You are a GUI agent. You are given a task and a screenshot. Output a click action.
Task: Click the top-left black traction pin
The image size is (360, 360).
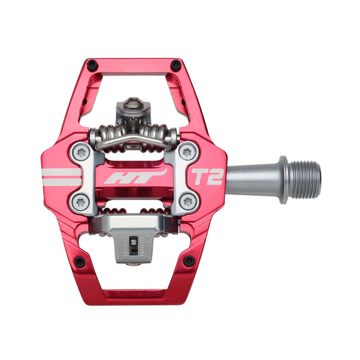click(92, 66)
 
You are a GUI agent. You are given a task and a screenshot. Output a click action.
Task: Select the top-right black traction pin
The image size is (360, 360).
click(176, 65)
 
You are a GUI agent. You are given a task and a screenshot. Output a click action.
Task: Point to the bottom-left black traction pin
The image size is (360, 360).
click(79, 262)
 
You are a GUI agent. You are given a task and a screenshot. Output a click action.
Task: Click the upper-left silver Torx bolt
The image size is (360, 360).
click(83, 153)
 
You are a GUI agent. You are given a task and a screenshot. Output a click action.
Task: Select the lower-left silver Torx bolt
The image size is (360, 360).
click(82, 201)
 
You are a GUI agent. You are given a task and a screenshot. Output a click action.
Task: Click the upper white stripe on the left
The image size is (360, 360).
click(61, 172)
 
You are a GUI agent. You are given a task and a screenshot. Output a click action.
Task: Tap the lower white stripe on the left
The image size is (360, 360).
click(61, 182)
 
